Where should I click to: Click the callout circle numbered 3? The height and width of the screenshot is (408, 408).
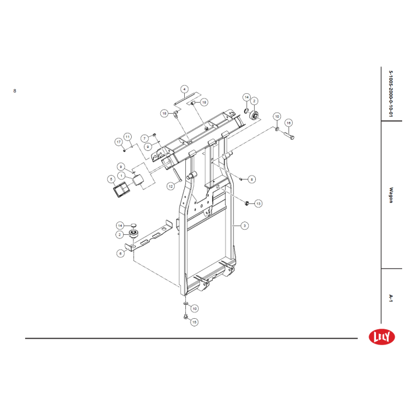tap(244, 226)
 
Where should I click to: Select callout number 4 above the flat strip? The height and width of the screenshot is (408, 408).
tap(184, 89)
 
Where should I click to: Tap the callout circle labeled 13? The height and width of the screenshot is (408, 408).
tap(258, 203)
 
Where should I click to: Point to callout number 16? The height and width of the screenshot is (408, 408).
tap(289, 123)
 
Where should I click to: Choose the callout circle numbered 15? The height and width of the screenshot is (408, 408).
tap(194, 322)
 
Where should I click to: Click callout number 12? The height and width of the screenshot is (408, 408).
tap(171, 187)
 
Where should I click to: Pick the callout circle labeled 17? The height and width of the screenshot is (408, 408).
tap(119, 142)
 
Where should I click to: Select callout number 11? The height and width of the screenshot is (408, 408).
tap(128, 137)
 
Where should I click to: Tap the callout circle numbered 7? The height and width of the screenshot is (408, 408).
tap(145, 139)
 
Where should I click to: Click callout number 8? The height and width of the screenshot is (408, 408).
tap(252, 180)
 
